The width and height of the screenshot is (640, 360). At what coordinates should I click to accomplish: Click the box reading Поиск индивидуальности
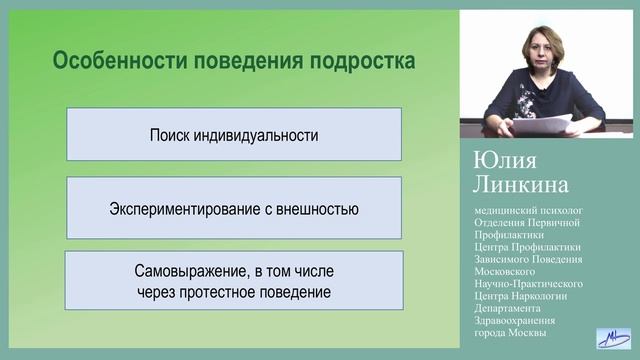233,134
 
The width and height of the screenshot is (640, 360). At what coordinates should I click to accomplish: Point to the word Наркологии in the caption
543,296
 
